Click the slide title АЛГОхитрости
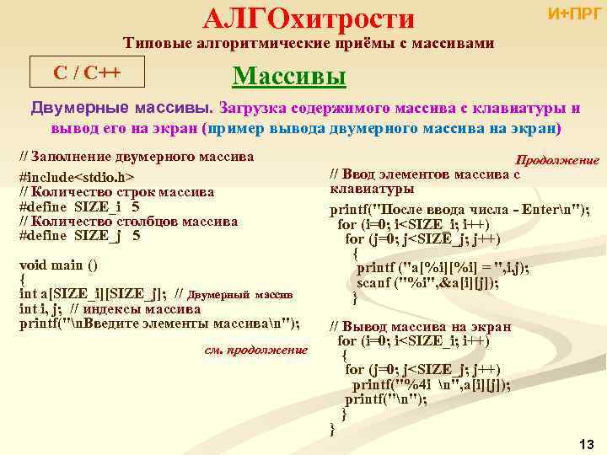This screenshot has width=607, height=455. [309, 17]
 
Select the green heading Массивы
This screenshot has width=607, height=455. [289, 76]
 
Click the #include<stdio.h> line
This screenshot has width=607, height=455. [77, 178]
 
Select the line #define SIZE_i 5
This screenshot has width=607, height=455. [79, 206]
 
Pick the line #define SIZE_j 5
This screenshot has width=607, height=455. [79, 236]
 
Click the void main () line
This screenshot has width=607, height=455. [58, 265]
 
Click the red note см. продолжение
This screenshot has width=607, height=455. [256, 350]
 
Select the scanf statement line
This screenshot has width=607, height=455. [427, 282]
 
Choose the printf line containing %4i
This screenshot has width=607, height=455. [431, 384]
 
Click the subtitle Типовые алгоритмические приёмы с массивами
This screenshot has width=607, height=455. [309, 43]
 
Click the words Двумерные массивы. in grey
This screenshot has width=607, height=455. [122, 109]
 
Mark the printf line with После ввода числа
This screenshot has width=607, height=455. [459, 210]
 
